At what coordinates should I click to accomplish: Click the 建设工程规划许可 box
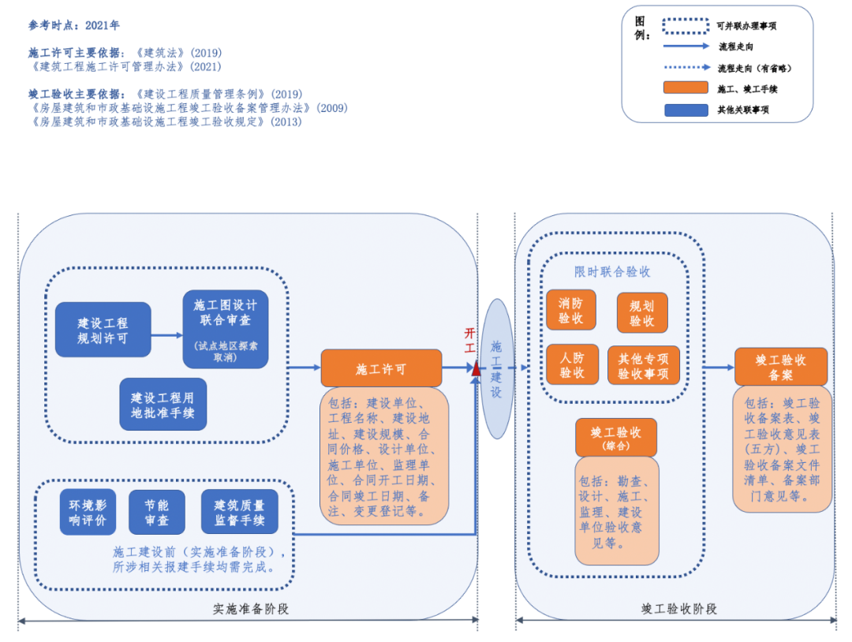point(103,330)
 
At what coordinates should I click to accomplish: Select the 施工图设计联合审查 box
point(225,329)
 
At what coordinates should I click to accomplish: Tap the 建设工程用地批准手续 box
point(163,405)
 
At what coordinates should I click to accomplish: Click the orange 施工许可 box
point(381,368)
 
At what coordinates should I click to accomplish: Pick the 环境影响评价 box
point(87,513)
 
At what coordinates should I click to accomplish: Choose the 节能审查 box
point(156,513)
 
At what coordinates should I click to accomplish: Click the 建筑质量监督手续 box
point(239,513)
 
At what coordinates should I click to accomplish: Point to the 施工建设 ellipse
point(496,368)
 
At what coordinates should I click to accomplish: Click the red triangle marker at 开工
point(476,367)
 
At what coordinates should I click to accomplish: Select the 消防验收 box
point(570,310)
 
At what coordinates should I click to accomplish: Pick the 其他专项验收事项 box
point(643,365)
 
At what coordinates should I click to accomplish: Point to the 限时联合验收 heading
point(612,271)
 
